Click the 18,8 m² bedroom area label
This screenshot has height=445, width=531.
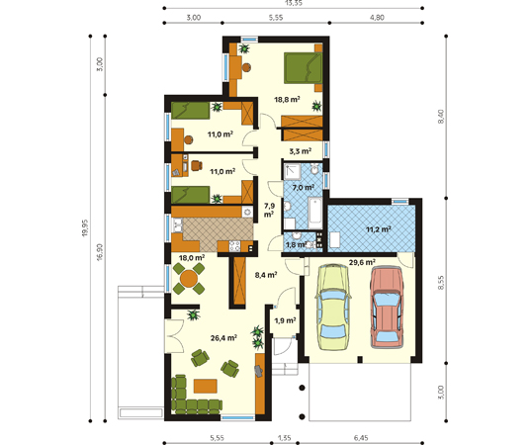pyautogui.click(x=287, y=99)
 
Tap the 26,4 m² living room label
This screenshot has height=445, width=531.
pyautogui.click(x=223, y=337)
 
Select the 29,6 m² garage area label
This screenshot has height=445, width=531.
pyautogui.click(x=362, y=262)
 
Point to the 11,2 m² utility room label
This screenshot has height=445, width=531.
pyautogui.click(x=379, y=229)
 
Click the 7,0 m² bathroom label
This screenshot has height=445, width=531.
pyautogui.click(x=304, y=187)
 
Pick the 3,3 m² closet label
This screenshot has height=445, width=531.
pyautogui.click(x=301, y=151)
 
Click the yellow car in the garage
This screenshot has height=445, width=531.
pyautogui.click(x=333, y=308)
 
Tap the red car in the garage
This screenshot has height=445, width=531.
pyautogui.click(x=387, y=307)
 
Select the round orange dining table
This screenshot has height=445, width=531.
pyautogui.click(x=189, y=279)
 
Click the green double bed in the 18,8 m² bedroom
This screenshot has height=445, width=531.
pyautogui.click(x=304, y=67)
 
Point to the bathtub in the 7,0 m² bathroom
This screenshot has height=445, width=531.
pyautogui.click(x=315, y=214)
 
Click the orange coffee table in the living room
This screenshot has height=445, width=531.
pyautogui.click(x=206, y=386)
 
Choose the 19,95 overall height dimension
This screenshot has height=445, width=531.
pyautogui.click(x=85, y=227)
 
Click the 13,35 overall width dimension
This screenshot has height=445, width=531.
pyautogui.click(x=294, y=3)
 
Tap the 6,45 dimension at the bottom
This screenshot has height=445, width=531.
pyautogui.click(x=361, y=438)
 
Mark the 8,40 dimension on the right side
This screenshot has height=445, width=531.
pyautogui.click(x=441, y=117)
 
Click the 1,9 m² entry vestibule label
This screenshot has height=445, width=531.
pyautogui.click(x=285, y=320)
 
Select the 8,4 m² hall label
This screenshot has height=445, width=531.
pyautogui.click(x=266, y=275)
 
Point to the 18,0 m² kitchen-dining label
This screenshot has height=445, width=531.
pyautogui.click(x=192, y=258)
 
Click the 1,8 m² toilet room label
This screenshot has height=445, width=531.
pyautogui.click(x=296, y=244)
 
